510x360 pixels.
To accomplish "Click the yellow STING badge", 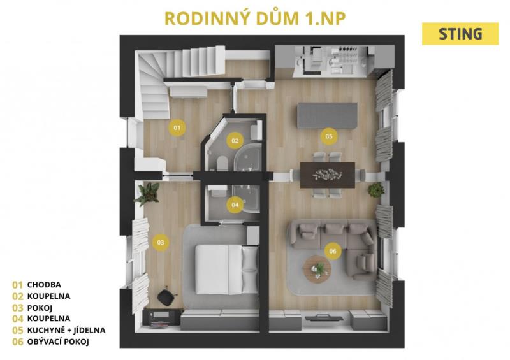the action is pos(460,34).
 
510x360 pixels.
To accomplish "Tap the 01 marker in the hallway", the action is pos(177,127).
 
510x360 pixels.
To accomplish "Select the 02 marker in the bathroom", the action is pos(235,140).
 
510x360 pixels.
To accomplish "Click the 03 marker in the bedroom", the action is pos(161,242).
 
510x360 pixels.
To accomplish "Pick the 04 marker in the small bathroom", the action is pos(235,205).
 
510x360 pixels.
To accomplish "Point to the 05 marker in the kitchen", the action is pos(329,136).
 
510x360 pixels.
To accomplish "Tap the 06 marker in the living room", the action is pos(333,251).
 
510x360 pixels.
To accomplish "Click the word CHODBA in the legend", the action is pos(44,285).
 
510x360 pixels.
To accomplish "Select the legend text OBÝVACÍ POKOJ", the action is pos(58,342).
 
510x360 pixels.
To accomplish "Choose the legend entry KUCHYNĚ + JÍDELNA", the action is pos(66,330).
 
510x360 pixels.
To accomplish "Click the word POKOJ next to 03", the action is pos(40,308).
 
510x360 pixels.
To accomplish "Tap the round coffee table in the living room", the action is pos(317,270).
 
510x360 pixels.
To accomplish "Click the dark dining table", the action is pos(327,175).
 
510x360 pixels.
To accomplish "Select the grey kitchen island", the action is pos(327,115).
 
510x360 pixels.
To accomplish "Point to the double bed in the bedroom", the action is pos(227,270).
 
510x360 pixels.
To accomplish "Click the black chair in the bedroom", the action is pos(166,297).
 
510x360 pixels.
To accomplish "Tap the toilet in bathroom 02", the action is pos(222,163).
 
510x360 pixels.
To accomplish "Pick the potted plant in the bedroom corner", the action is pos(147,194).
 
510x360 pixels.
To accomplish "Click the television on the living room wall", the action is pos(324,318).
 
